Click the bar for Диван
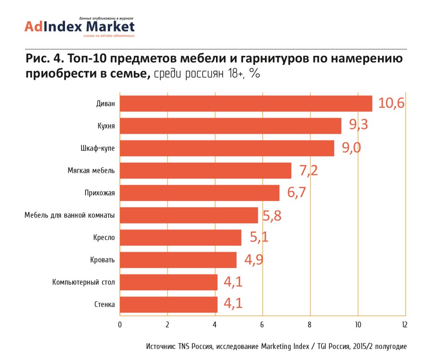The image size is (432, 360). tap(246, 103)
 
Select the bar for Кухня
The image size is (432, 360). tap(230, 126)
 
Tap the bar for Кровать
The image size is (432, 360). tap(178, 260)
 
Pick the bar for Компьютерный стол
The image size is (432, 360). tap(169, 282)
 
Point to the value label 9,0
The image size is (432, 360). tap(352, 148)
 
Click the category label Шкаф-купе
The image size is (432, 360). tap(98, 148)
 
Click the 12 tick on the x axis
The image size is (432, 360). tap(404, 325)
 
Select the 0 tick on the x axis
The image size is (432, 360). tap(120, 325)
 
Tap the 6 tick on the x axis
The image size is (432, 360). tap(262, 325)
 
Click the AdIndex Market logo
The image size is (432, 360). tap(80, 27)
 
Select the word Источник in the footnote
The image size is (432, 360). tap(161, 347)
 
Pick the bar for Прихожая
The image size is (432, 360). tap(199, 193)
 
